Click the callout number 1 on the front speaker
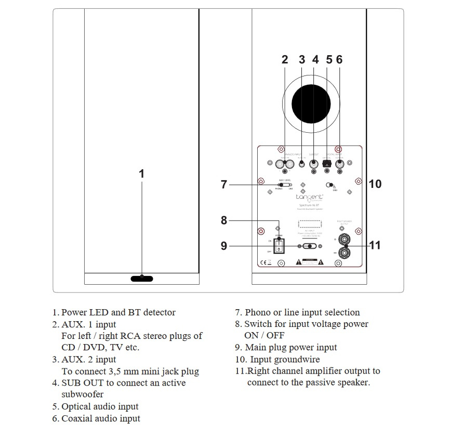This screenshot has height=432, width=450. [141, 174]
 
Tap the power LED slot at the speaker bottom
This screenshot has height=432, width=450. [142, 278]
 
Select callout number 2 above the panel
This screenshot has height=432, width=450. [285, 60]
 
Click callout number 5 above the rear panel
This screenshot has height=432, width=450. [329, 60]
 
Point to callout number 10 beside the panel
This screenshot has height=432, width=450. [375, 184]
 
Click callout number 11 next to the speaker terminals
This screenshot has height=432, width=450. [375, 245]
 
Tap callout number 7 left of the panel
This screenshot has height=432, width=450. [224, 184]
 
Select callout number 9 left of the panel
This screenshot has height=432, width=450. [224, 245]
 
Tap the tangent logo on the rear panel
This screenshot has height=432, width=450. [310, 197]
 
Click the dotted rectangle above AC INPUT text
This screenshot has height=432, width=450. [311, 223]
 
